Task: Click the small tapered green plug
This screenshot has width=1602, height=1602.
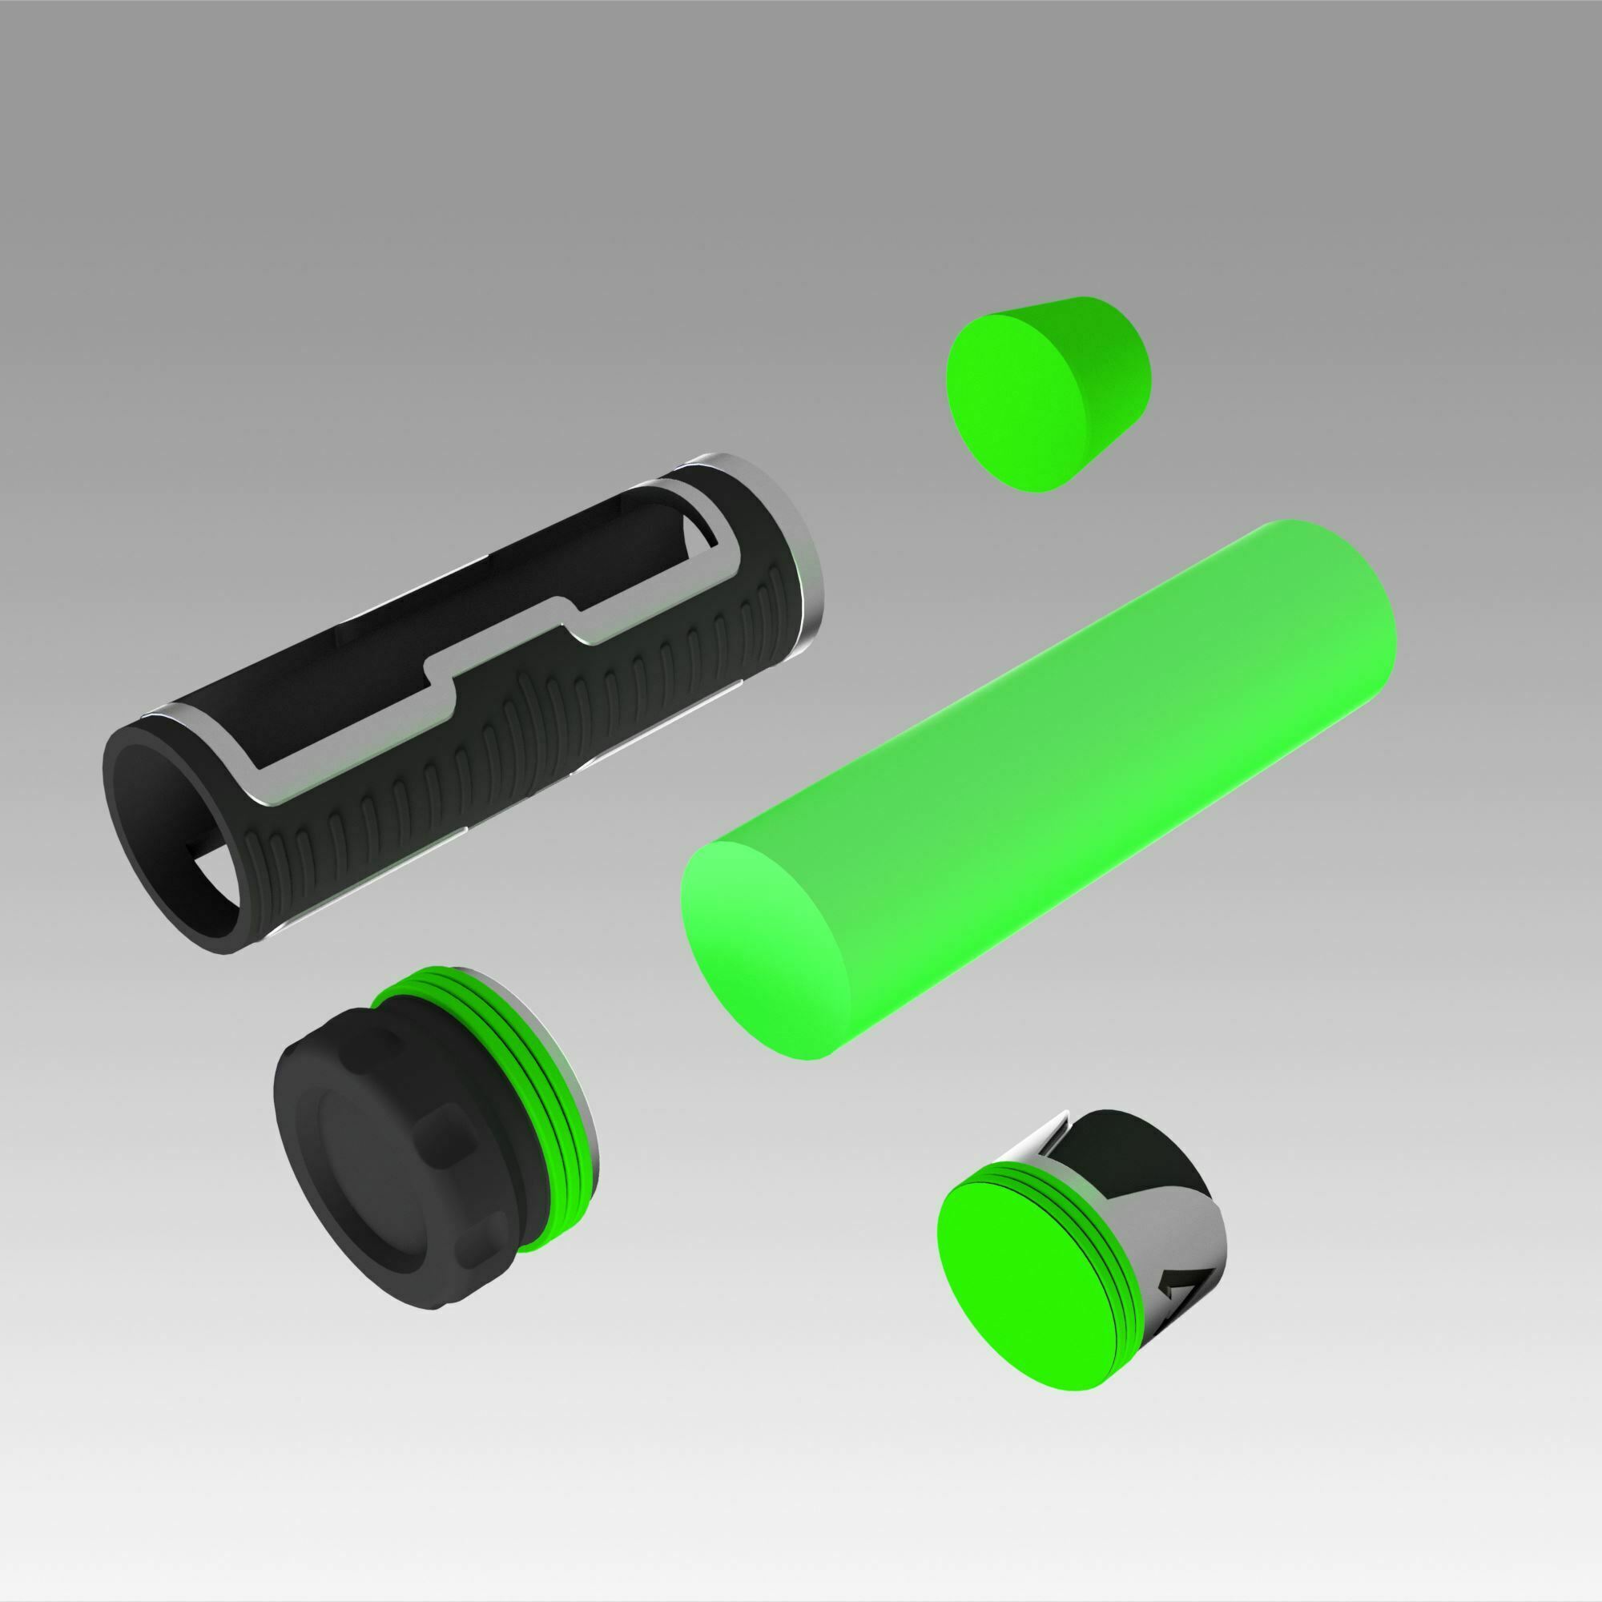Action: [1049, 394]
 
